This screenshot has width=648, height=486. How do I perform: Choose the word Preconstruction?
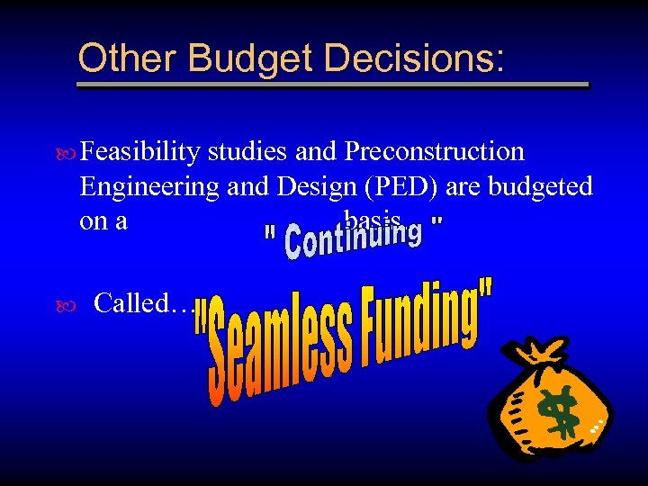[435, 152]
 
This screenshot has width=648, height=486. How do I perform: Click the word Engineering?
[148, 186]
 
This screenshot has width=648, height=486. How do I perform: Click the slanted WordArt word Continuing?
[353, 236]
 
